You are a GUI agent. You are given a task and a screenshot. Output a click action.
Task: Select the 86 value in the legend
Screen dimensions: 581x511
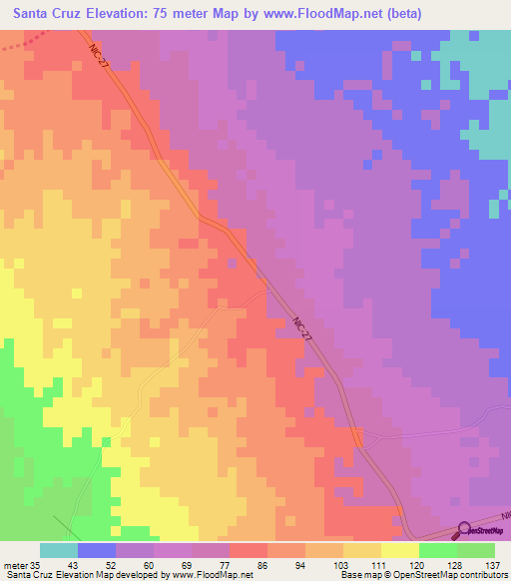[268, 564]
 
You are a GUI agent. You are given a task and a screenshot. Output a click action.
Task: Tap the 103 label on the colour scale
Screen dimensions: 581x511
[344, 564]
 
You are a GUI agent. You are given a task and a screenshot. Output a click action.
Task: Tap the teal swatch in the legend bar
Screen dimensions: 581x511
[59, 550]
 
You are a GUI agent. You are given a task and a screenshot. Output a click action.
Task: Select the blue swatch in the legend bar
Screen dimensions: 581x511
[97, 550]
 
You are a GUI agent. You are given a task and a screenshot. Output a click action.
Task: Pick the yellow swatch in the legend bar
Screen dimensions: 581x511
[400, 550]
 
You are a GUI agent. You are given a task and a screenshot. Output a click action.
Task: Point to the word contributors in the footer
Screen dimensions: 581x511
[482, 575]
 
